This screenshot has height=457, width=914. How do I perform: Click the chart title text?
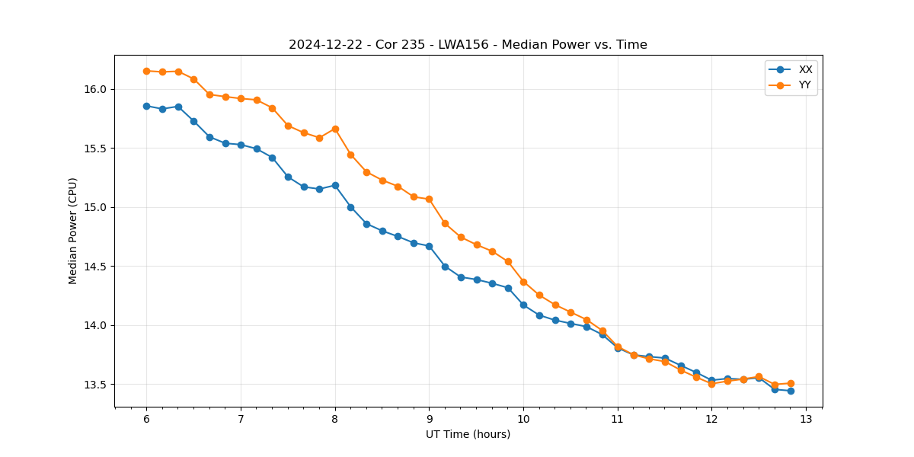point(468,45)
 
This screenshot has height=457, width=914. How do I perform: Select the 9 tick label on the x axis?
point(429,420)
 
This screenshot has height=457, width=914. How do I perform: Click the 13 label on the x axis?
point(806,420)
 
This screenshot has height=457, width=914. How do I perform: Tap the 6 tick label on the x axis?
point(146,420)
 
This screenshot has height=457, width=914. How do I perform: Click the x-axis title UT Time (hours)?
point(468,435)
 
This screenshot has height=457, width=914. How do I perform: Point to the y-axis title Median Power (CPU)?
point(73,231)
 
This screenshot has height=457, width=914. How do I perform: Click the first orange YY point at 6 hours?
point(146,71)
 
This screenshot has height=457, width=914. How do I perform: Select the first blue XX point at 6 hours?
point(146,106)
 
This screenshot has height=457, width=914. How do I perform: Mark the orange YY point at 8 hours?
point(335,129)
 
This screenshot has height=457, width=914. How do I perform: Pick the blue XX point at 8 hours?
point(335,185)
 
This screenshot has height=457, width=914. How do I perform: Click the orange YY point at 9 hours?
point(429,199)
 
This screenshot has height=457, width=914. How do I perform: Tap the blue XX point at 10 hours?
point(523,305)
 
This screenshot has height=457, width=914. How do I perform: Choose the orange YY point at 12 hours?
point(711,384)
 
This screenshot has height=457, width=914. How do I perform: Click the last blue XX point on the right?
point(791,391)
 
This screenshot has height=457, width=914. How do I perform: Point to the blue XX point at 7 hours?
point(241,145)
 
